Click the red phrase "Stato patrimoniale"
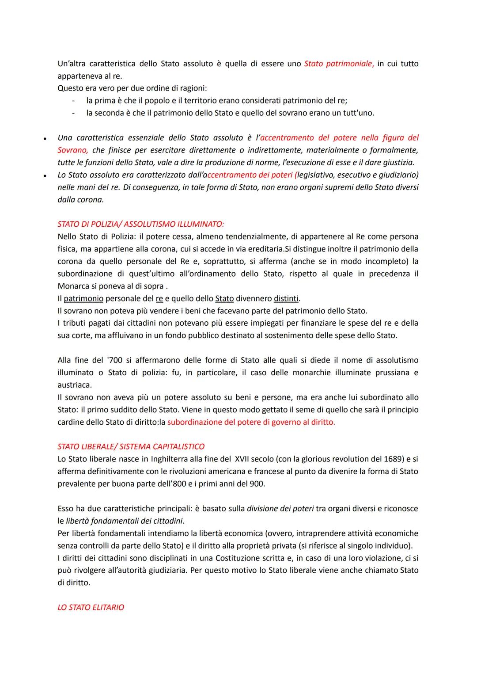339,64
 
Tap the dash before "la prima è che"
73,101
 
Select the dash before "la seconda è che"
73,113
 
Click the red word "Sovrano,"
72,150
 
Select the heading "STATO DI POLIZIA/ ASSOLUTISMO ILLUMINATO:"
144,224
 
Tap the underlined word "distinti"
286,298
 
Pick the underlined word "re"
159,298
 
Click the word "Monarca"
73,286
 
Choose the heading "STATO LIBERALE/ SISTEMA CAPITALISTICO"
131,446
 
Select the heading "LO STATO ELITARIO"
91,607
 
